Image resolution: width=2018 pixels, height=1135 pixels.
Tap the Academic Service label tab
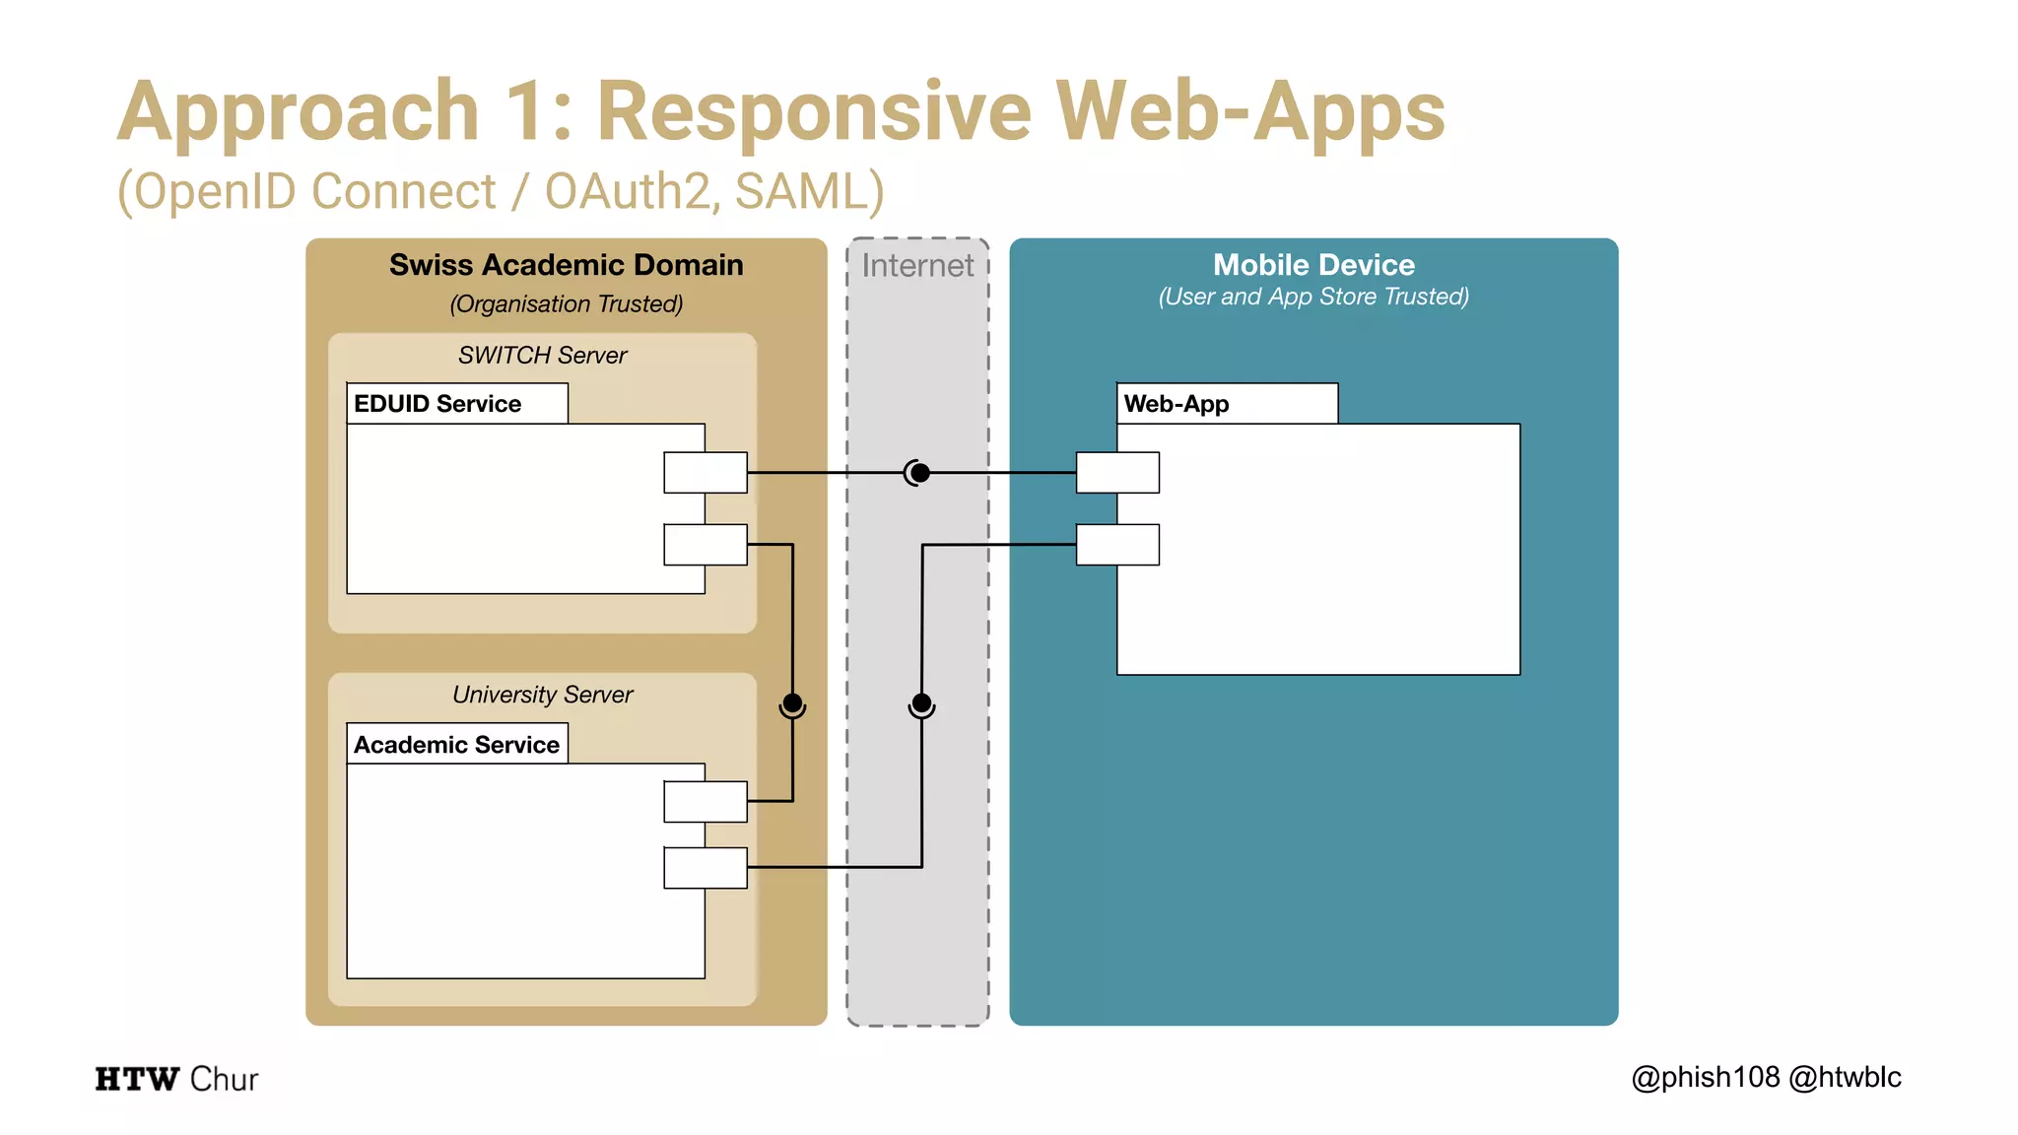[x=457, y=745]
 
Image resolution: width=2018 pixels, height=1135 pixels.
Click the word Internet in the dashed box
[x=917, y=266]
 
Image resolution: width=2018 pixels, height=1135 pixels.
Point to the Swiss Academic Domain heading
[x=566, y=265]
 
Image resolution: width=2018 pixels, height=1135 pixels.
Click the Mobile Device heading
[x=1313, y=265]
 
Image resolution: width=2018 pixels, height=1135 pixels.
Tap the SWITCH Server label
[x=542, y=356]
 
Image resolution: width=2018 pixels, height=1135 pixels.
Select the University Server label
[x=542, y=695]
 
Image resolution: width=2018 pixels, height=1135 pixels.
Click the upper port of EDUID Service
[x=706, y=473]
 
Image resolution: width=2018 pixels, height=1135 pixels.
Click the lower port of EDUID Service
[x=706, y=545]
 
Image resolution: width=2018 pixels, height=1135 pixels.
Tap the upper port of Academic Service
[x=706, y=801]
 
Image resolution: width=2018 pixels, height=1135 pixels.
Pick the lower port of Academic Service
[x=706, y=868]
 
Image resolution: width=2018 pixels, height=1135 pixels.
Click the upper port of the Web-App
[x=1117, y=473]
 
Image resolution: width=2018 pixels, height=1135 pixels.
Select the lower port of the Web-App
[x=1117, y=545]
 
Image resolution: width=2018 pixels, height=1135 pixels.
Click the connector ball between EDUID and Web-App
[x=919, y=474]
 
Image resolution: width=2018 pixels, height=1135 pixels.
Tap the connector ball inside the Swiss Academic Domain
[x=792, y=704]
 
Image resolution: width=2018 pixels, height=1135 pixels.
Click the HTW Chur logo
[x=176, y=1079]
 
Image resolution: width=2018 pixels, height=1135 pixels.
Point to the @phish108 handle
[x=1706, y=1078]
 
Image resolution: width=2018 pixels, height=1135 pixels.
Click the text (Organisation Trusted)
[x=566, y=304]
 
